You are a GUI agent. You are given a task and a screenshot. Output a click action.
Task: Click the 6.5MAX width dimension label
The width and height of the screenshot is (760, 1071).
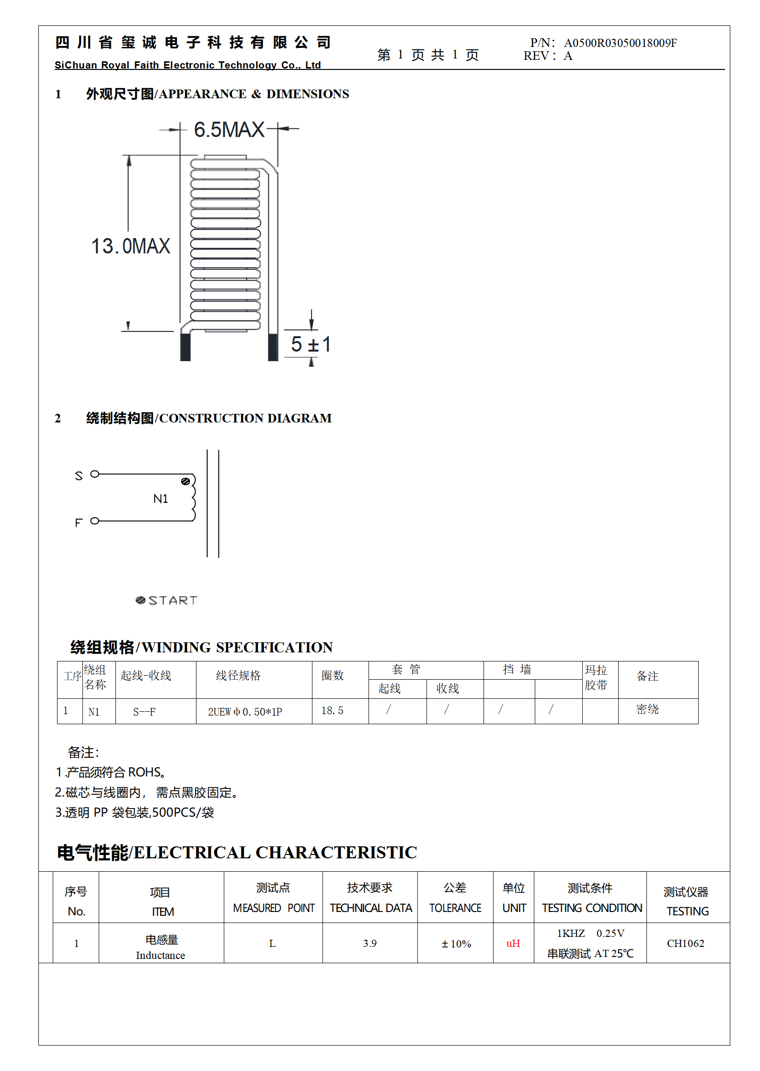click(x=229, y=130)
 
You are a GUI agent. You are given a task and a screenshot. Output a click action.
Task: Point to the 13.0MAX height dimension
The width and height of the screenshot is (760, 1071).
click(x=130, y=246)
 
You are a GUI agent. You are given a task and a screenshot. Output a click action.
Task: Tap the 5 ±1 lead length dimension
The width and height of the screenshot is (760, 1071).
click(x=311, y=344)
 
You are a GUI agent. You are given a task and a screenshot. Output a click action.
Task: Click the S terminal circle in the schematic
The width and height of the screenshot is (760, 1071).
click(x=95, y=474)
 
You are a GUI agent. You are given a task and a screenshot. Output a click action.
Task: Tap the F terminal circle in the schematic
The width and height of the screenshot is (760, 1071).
click(x=95, y=521)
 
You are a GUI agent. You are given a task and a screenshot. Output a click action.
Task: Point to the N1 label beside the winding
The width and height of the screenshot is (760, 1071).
click(x=161, y=499)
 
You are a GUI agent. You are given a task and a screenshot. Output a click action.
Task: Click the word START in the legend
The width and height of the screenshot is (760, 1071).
click(x=173, y=601)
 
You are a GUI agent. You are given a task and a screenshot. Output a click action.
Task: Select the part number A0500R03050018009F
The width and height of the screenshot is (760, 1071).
click(x=620, y=43)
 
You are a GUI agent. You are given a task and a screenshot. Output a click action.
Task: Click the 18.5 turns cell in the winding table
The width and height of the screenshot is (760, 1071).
click(x=332, y=711)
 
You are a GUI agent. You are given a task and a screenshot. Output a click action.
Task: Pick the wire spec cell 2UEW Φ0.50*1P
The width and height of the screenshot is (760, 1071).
click(x=245, y=712)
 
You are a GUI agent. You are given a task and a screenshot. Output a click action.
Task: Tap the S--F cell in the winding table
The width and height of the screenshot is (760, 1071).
click(x=144, y=712)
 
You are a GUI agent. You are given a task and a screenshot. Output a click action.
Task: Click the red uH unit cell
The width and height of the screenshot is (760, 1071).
click(x=513, y=943)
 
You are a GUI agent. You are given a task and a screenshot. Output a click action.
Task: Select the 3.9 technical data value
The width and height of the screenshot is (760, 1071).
click(x=369, y=943)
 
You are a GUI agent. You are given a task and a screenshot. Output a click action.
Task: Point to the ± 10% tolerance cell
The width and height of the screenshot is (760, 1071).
click(x=456, y=944)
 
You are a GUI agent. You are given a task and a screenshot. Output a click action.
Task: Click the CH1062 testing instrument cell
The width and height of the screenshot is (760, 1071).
click(x=685, y=943)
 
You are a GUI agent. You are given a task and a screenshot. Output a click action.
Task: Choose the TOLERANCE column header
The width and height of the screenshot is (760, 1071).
click(x=455, y=908)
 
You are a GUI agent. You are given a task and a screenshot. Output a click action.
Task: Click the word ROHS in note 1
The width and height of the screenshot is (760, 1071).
click(x=144, y=772)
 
